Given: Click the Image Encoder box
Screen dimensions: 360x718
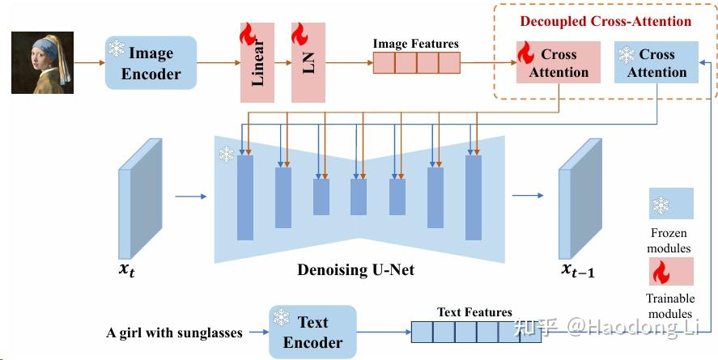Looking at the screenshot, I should pyautogui.click(x=151, y=63).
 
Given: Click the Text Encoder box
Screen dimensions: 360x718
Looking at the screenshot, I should pyautogui.click(x=312, y=332).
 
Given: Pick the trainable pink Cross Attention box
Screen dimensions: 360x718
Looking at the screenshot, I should pyautogui.click(x=558, y=63).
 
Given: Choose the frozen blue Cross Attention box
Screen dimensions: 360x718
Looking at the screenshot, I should pyautogui.click(x=656, y=63).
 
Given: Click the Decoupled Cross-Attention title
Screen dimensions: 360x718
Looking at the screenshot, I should pyautogui.click(x=605, y=21).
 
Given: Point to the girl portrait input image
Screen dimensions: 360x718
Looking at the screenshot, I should pyautogui.click(x=42, y=61).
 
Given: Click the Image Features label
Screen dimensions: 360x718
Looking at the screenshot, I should pyautogui.click(x=415, y=44).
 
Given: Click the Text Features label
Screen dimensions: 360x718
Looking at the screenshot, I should pyautogui.click(x=474, y=312).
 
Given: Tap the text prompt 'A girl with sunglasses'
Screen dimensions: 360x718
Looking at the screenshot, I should pyautogui.click(x=175, y=332).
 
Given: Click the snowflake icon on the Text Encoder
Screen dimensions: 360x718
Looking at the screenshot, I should pyautogui.click(x=282, y=317).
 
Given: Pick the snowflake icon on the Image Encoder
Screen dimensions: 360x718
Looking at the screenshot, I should pyautogui.click(x=117, y=49).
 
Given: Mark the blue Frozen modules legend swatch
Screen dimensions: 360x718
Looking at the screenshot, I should pyautogui.click(x=670, y=205).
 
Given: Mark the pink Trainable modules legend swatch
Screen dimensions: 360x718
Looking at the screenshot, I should pyautogui.click(x=670, y=271).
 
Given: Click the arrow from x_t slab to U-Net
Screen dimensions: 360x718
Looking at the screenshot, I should pyautogui.click(x=191, y=195).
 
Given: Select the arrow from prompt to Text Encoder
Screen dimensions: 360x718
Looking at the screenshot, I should pyautogui.click(x=255, y=332).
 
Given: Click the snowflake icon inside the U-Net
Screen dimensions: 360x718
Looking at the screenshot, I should pyautogui.click(x=226, y=154).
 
